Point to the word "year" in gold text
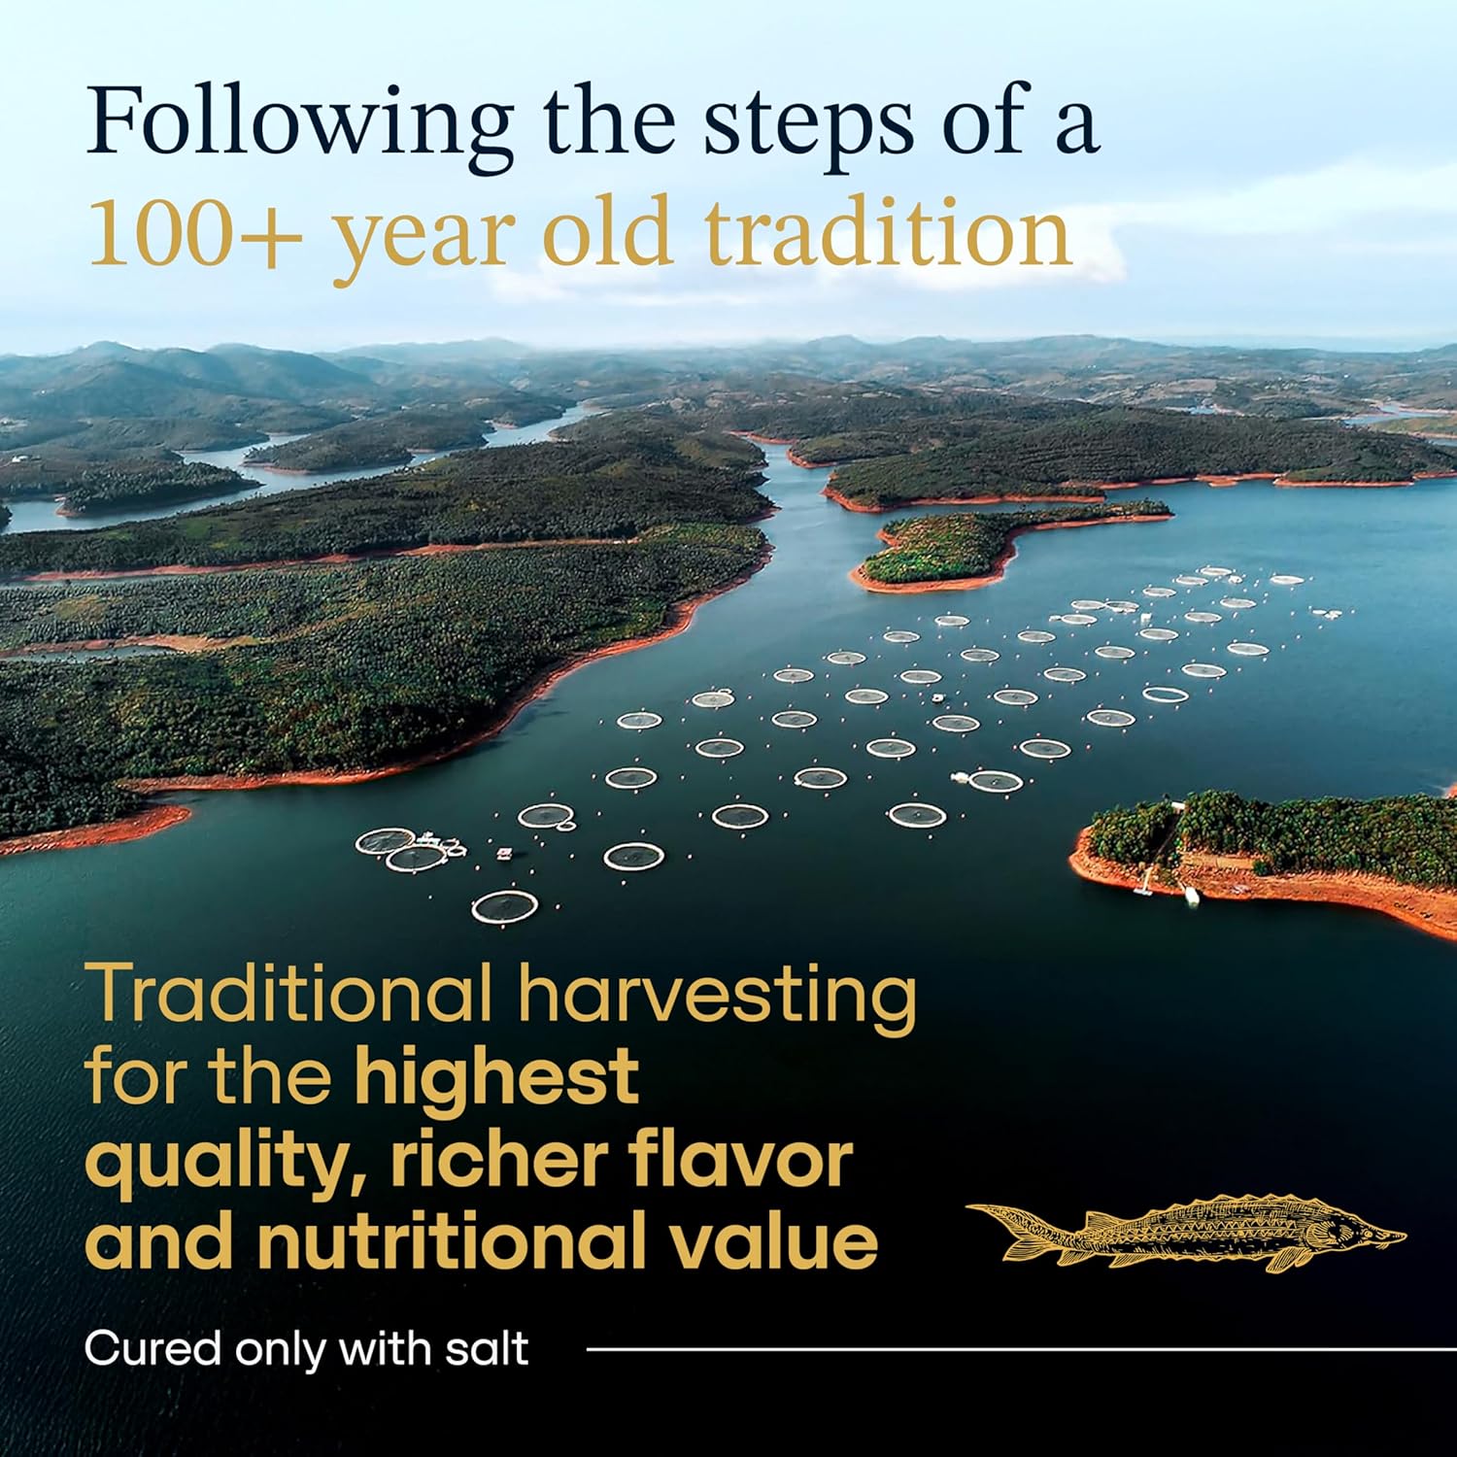coord(423,243)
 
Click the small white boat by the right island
coord(1191,896)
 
